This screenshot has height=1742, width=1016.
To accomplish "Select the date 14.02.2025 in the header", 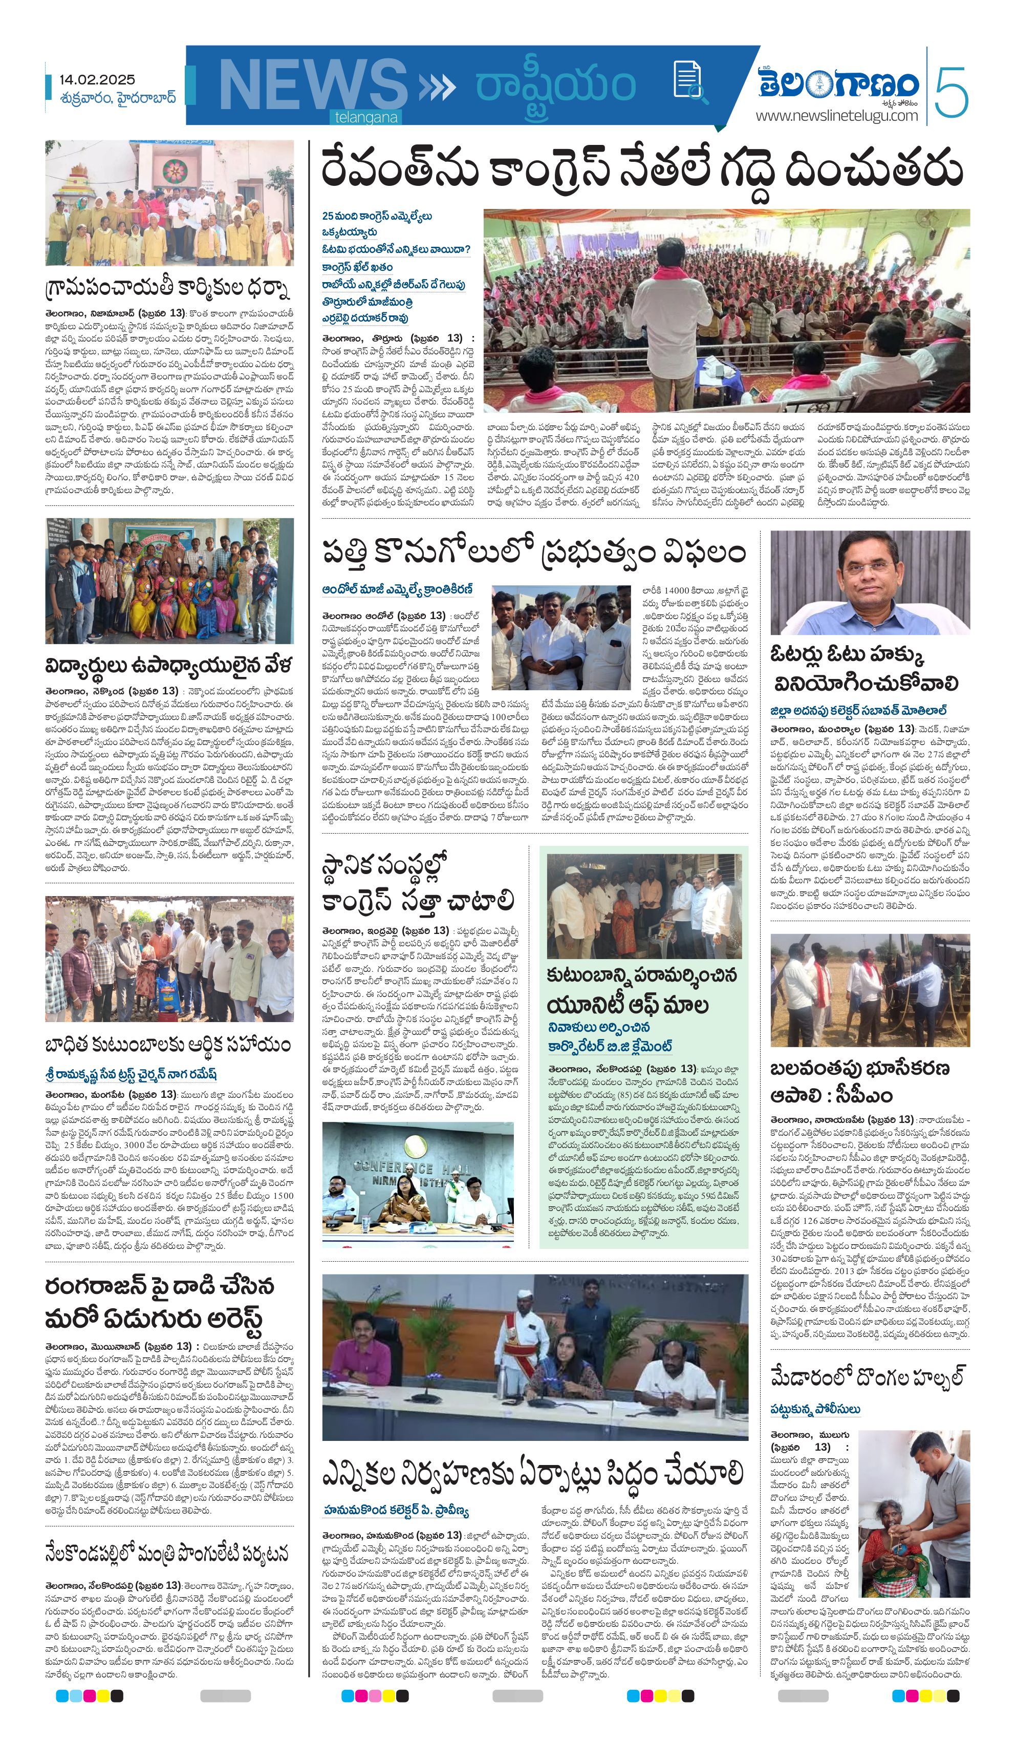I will [x=97, y=80].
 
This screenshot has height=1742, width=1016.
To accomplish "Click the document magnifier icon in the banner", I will [x=686, y=80].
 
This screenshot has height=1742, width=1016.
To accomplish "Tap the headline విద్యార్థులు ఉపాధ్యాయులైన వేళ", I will [x=168, y=665].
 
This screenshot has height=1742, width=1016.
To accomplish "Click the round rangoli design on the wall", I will [x=173, y=170].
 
